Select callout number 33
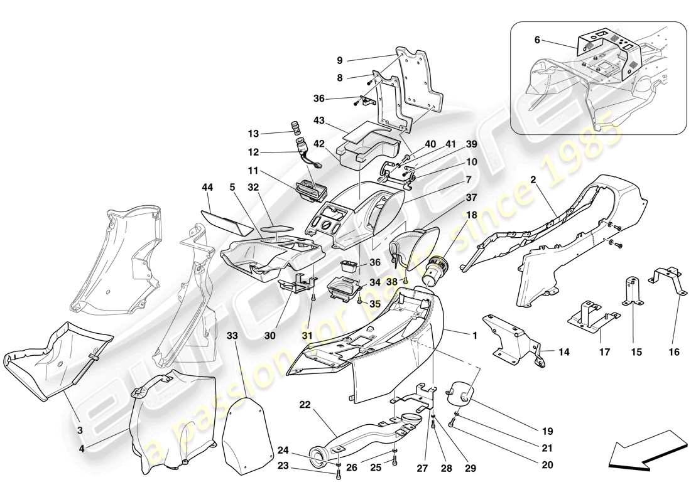click(232, 336)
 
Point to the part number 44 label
click(208, 187)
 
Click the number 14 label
click(563, 353)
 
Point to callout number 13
click(253, 134)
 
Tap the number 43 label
click(319, 121)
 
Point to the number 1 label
click(476, 336)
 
